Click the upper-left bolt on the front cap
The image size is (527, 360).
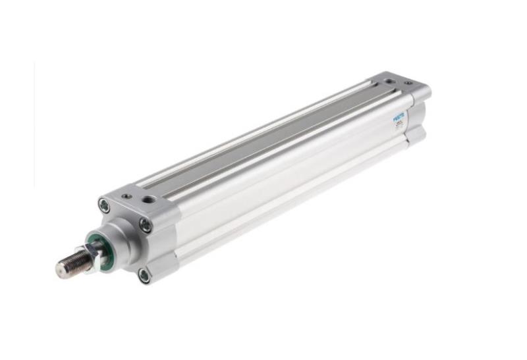(104, 205)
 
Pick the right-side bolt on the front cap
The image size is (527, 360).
(145, 225)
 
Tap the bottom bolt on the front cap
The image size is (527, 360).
(144, 275)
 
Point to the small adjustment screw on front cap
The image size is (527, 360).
(126, 195)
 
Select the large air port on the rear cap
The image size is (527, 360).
(391, 82)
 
